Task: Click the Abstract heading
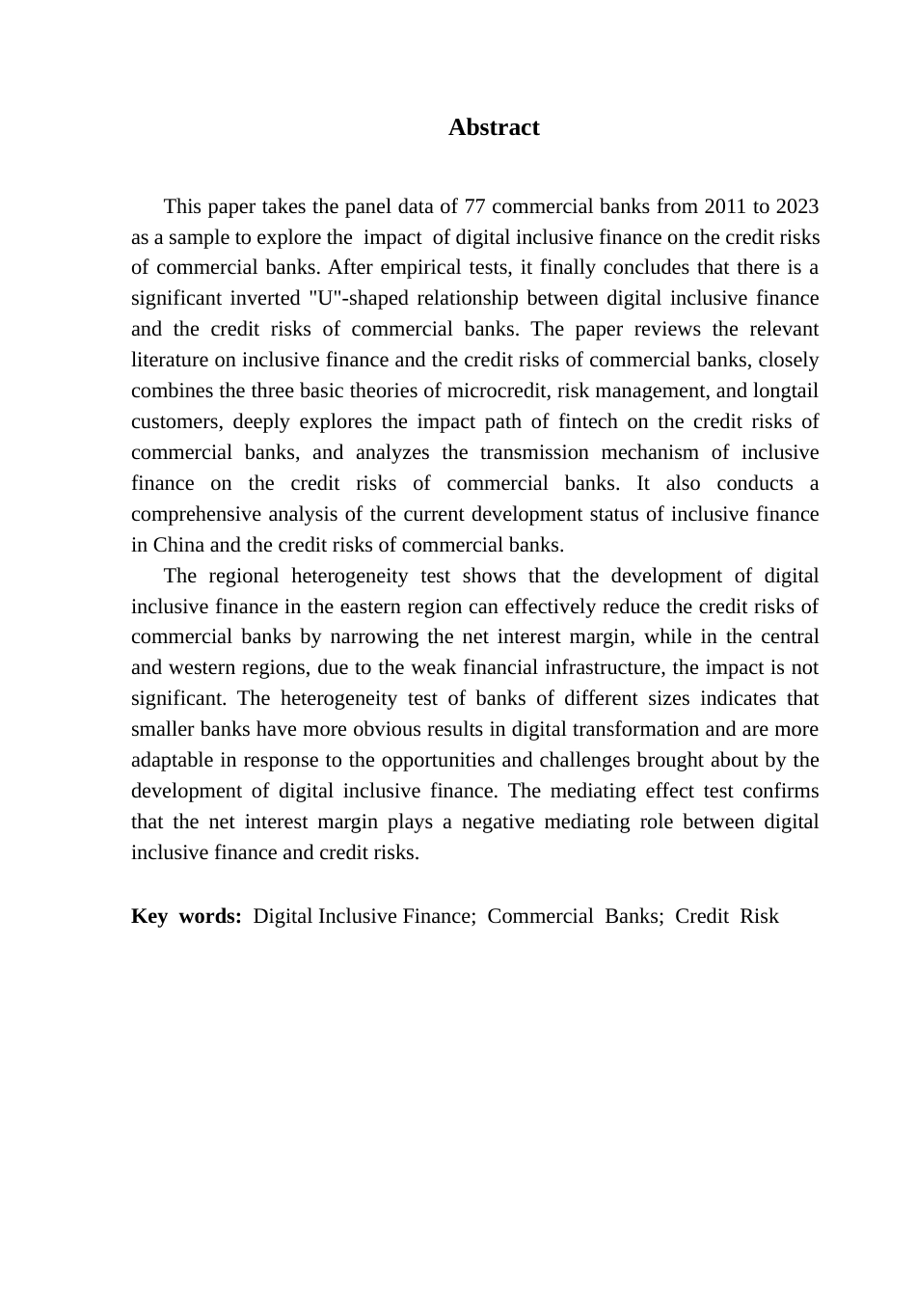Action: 494,127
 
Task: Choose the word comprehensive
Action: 188,514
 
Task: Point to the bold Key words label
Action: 186,916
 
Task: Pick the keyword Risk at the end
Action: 759,916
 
